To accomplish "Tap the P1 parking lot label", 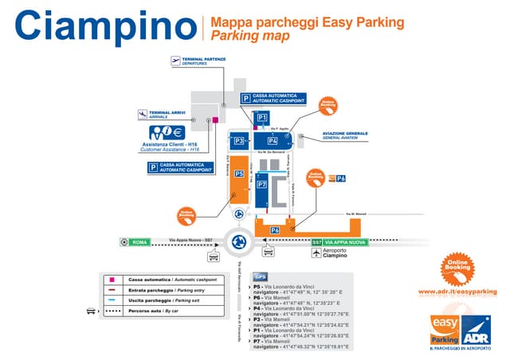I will tap(263, 119).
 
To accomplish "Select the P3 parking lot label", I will tap(239, 141).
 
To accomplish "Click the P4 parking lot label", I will tap(273, 141).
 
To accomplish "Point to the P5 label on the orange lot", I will tap(239, 174).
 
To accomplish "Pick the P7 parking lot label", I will tap(262, 183).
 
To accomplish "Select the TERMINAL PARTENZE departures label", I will tap(204, 60).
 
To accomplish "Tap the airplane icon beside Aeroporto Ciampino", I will tap(318, 254).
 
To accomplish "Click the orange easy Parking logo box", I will tap(446, 330).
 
